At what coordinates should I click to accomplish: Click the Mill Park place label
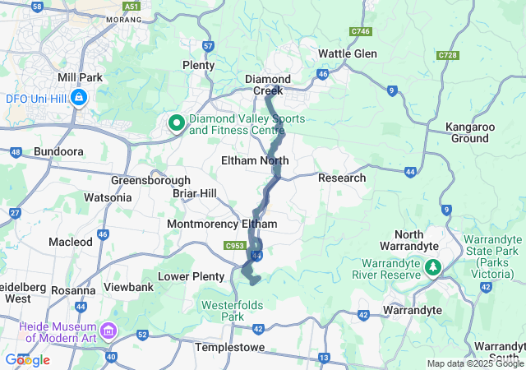point(79,77)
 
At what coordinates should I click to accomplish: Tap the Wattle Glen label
point(347,53)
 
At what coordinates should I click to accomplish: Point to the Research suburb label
point(341,178)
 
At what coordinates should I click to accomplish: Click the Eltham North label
point(255,160)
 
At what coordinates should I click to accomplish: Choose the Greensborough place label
point(151,180)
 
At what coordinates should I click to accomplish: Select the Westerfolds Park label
point(234,310)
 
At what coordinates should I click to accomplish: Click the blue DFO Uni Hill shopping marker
point(77,99)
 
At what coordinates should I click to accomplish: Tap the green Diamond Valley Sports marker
point(176,123)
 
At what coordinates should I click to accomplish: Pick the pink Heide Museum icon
point(110,331)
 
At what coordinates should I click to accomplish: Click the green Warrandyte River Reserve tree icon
point(432,267)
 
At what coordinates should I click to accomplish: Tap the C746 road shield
point(359,30)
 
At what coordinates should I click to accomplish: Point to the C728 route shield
point(448,55)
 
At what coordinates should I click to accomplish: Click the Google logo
point(27,359)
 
